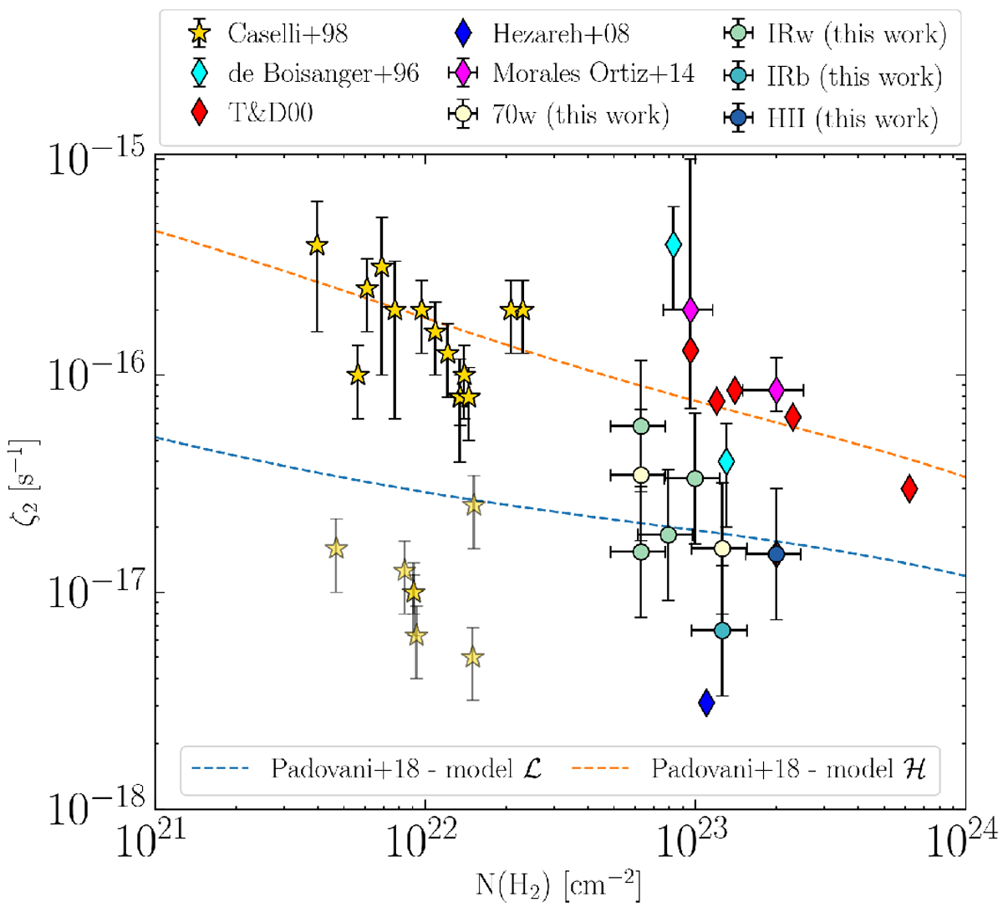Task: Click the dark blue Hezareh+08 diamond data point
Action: [x=706, y=703]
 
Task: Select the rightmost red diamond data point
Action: [x=909, y=489]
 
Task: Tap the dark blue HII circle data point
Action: [x=776, y=553]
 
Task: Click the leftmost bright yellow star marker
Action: [x=316, y=245]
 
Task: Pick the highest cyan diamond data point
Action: [x=673, y=245]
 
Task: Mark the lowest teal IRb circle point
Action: [x=722, y=630]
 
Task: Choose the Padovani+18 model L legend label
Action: [x=406, y=769]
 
